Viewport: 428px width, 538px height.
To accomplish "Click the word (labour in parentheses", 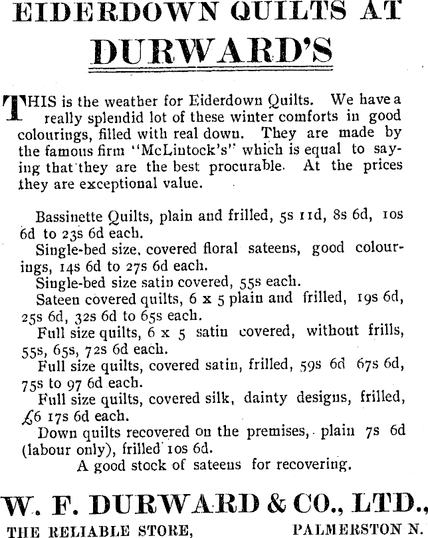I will [46, 448].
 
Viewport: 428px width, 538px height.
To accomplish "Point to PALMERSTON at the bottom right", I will [346, 529].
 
